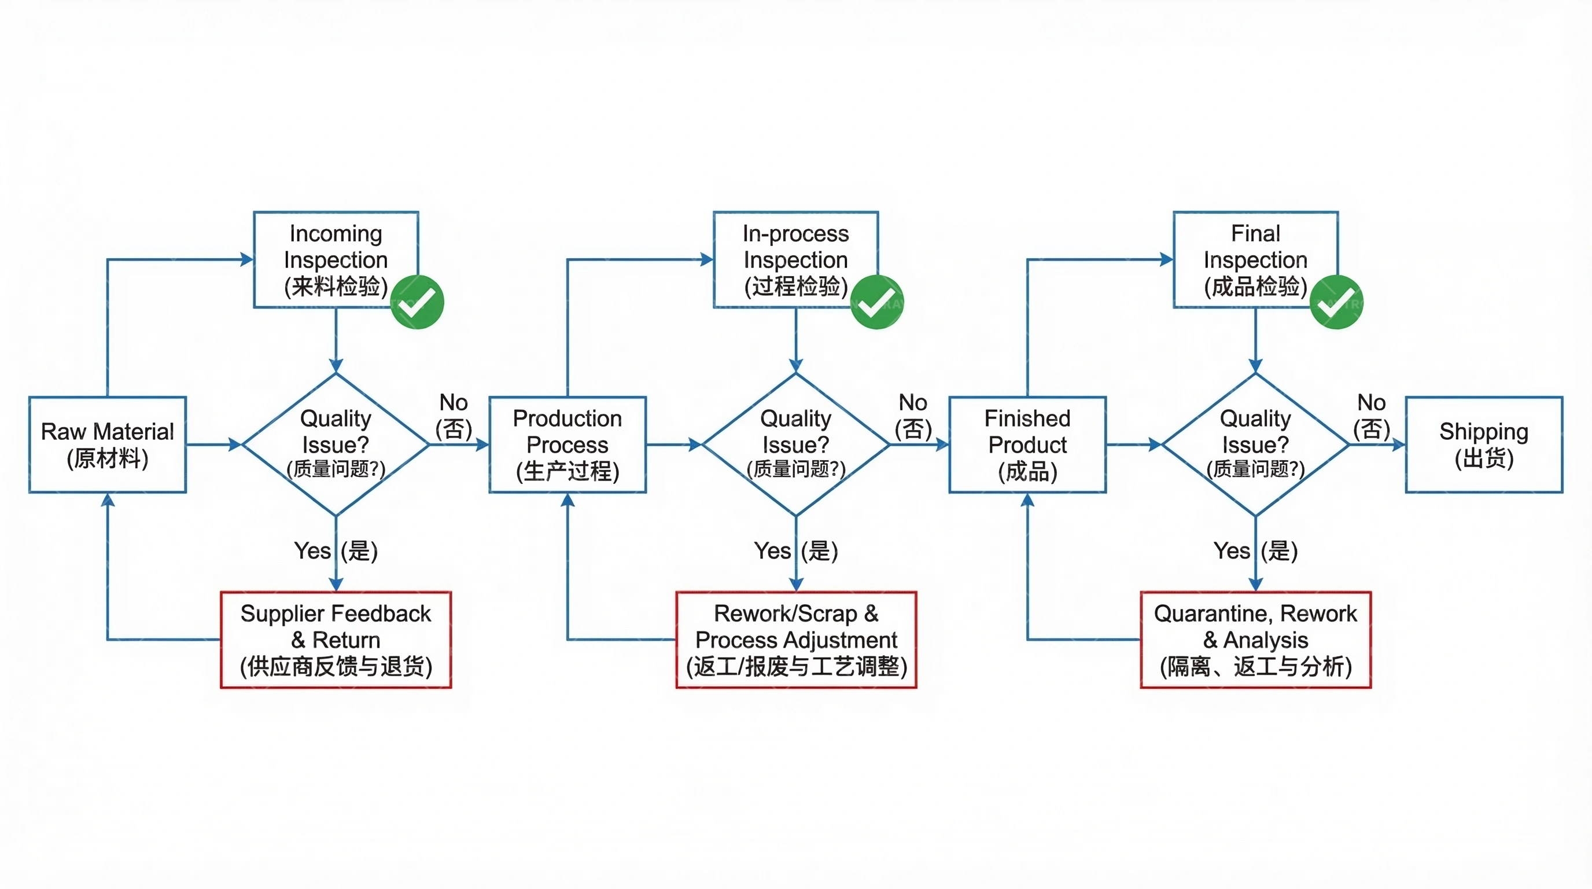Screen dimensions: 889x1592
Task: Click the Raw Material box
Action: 108,444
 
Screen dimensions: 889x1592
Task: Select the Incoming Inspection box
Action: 336,260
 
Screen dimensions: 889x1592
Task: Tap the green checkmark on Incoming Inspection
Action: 418,302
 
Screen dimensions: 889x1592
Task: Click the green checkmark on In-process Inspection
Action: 877,302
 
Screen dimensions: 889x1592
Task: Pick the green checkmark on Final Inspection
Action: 1336,302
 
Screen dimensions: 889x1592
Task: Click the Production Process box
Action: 567,444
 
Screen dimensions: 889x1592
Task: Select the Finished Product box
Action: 1027,444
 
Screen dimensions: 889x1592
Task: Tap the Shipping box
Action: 1484,444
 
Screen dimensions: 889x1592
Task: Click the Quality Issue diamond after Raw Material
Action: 336,444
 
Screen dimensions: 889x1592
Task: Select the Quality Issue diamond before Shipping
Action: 1255,444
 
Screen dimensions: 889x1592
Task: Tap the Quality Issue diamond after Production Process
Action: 796,444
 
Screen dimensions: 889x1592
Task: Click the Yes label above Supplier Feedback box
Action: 313,550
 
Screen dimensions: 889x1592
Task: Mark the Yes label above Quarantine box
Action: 1232,550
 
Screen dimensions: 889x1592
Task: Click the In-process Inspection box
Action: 795,260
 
